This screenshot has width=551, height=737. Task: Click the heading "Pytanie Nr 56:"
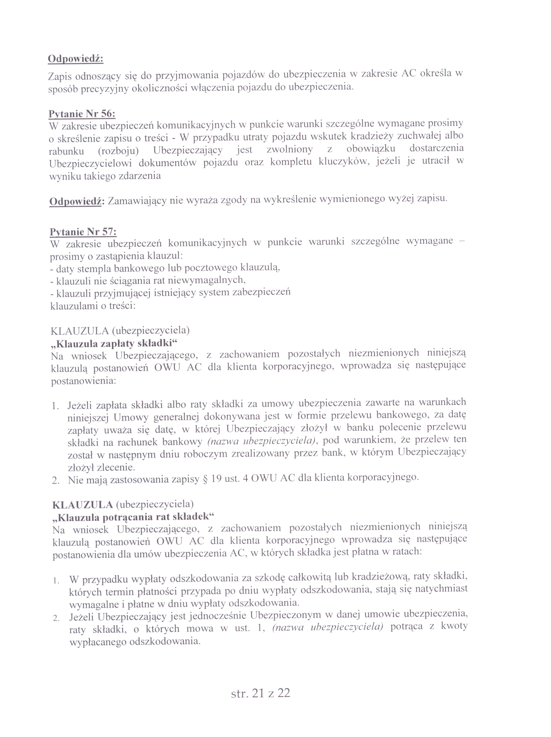pos(82,114)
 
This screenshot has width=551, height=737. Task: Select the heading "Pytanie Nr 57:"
pos(83,231)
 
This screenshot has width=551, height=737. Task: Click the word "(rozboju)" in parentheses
pos(118,151)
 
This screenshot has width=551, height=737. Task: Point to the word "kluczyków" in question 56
pos(343,162)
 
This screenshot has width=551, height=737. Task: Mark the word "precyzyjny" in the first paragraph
pos(107,89)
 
